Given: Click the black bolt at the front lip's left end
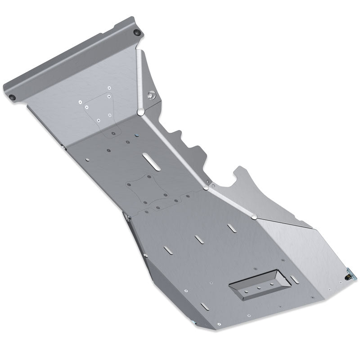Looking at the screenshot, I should [x=12, y=98].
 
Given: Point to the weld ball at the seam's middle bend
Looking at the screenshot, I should [x=206, y=187].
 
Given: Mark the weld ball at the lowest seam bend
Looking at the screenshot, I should [x=254, y=217].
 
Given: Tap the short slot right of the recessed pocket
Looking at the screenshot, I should [x=294, y=279].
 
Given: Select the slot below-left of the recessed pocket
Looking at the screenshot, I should [x=204, y=306].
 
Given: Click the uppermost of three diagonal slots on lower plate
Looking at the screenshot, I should [x=232, y=228].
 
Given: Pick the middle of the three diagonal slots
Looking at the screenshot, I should [x=199, y=239].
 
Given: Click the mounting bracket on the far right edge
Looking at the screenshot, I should [x=349, y=274].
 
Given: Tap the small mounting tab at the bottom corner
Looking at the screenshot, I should [x=193, y=323].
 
